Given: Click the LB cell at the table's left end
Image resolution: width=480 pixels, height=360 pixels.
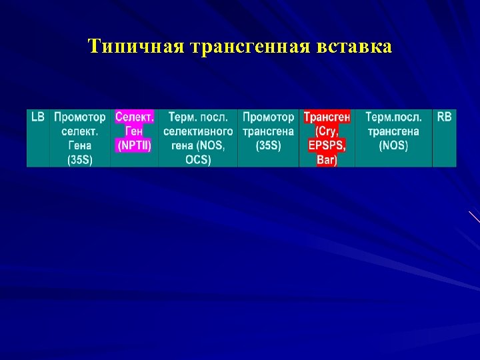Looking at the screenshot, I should coord(38,117).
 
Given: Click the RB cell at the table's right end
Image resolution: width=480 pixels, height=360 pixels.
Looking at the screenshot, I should coord(445,117).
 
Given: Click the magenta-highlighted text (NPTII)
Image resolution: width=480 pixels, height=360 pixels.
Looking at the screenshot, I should coord(135,145).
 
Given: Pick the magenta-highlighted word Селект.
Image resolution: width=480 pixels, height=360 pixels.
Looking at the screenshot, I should coord(135,117).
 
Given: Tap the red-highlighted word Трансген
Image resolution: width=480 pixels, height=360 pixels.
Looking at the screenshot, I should coord(327,117).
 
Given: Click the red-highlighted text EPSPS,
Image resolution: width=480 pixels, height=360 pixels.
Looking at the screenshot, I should coord(327,145).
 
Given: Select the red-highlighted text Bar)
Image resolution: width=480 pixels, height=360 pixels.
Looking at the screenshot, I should coord(327,160).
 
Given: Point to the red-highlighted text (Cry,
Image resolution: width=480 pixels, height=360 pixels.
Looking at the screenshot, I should coord(327,131).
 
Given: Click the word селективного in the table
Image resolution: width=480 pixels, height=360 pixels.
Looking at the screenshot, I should coord(198,131).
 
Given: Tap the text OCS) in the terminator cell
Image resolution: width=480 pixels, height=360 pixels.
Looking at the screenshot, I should coord(198,160).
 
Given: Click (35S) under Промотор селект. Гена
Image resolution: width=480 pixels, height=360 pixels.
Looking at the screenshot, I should coord(80,160).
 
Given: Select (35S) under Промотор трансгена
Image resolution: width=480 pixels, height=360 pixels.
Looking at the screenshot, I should coord(268,145).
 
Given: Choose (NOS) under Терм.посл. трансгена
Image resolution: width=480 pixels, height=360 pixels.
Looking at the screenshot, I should coord(393,145).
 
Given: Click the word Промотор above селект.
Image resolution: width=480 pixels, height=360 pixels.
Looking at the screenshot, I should coord(80,117).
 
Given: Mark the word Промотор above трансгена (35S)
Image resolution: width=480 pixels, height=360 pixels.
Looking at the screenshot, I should coord(268,117).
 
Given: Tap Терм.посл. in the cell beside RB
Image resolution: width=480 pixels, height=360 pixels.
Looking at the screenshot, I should coord(393,117).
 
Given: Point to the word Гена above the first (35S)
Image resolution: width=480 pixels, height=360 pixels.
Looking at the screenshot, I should coord(80,145).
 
